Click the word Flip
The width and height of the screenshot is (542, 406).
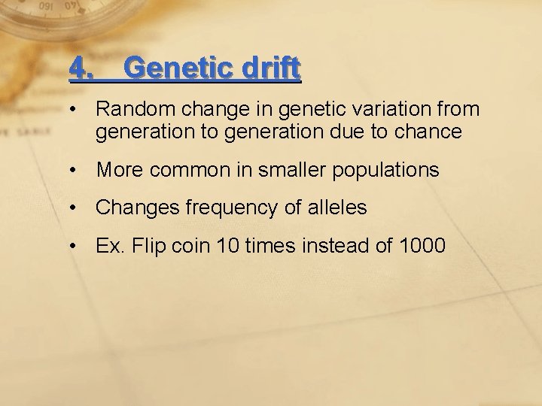[148, 245]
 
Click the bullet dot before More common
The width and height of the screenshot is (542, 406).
[73, 171]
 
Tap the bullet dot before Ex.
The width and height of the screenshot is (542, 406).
[73, 246]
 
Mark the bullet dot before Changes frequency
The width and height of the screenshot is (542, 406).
[73, 208]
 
